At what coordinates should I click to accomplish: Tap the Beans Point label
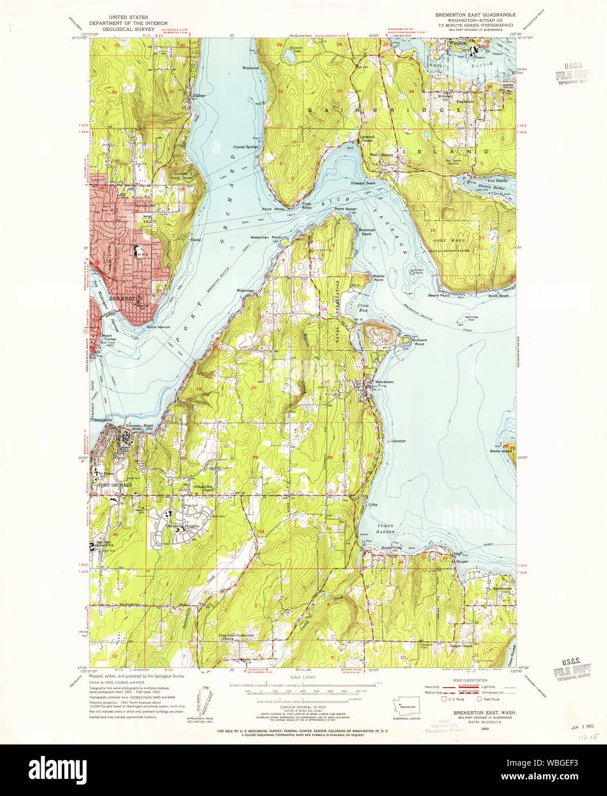point(439,295)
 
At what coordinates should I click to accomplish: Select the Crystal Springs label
point(246,147)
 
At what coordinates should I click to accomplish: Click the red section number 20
point(253,388)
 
